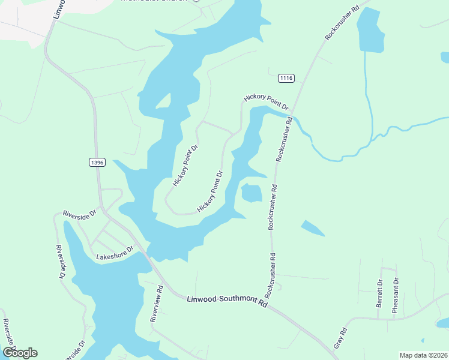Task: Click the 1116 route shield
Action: pyautogui.click(x=286, y=79)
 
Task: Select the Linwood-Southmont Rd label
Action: pyautogui.click(x=226, y=300)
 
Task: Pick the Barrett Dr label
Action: pyautogui.click(x=379, y=293)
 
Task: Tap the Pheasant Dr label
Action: pyautogui.click(x=396, y=295)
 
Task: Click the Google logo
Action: pyautogui.click(x=20, y=352)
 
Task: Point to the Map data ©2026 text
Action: pyautogui.click(x=423, y=355)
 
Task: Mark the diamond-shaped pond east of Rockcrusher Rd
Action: pyautogui.click(x=312, y=228)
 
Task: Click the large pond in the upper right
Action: pyautogui.click(x=370, y=31)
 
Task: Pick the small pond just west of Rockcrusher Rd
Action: pyautogui.click(x=252, y=193)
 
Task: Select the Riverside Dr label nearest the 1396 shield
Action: pyautogui.click(x=80, y=214)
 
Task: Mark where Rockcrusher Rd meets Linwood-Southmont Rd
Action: pyautogui.click(x=269, y=304)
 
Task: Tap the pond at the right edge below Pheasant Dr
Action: pyautogui.click(x=443, y=323)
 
